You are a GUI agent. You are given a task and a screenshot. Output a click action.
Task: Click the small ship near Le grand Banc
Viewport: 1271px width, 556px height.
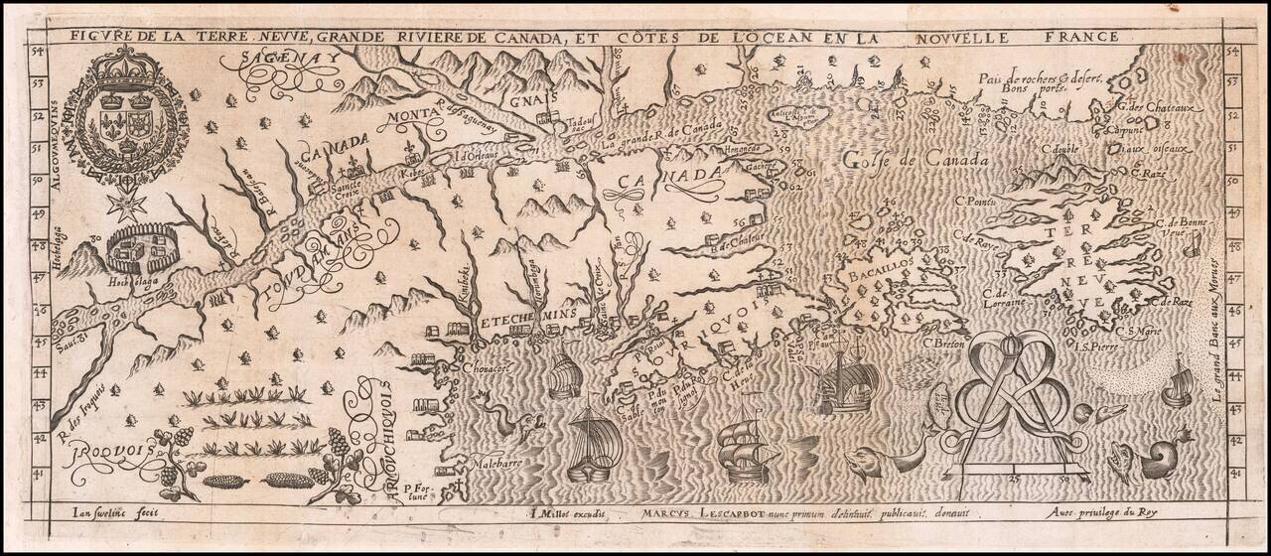(1178, 381)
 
